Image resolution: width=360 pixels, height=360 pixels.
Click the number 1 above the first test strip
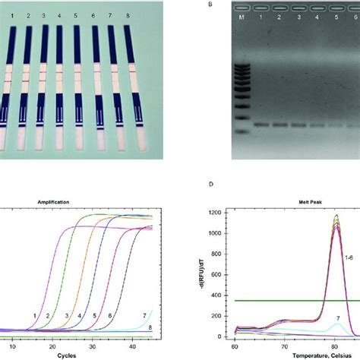[x=11, y=14]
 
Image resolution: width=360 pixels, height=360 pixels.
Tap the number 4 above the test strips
[x=60, y=14]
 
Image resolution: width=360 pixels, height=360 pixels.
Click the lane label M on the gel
[x=242, y=15]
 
